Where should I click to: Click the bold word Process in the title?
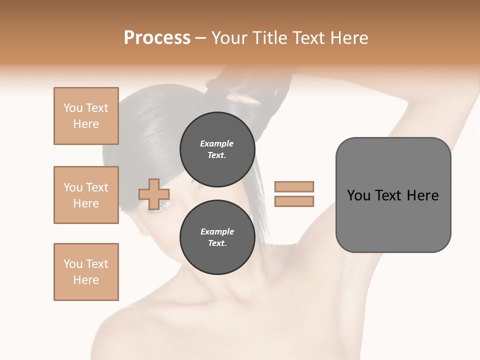click(157, 38)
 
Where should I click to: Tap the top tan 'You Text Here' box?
click(86, 116)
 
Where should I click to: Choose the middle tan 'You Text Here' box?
click(86, 195)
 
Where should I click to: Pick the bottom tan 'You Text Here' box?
click(86, 272)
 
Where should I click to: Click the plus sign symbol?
click(154, 193)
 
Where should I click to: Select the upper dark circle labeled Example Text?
click(217, 149)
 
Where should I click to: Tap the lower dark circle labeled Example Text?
click(217, 237)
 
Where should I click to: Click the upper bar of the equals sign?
click(294, 186)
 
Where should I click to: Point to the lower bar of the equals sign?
click(294, 201)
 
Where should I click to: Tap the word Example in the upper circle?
click(217, 143)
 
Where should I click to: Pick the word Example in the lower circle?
click(217, 231)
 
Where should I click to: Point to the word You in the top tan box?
click(73, 108)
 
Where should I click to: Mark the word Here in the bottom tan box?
click(86, 280)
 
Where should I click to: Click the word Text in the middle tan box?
click(96, 187)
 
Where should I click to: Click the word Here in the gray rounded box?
click(422, 195)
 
